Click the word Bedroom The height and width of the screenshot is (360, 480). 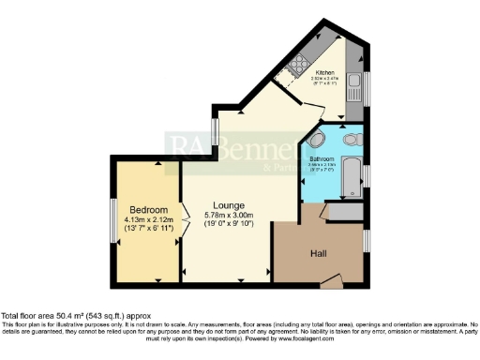click(149, 208)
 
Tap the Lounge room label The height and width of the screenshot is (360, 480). click(229, 205)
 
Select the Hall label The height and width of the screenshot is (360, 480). click(319, 253)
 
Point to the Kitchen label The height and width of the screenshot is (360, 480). click(325, 72)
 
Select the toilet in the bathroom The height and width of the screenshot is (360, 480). click(351, 139)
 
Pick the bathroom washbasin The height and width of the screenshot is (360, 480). click(318, 141)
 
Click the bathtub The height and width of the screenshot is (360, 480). click(352, 177)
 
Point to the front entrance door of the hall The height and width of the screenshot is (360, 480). click(330, 279)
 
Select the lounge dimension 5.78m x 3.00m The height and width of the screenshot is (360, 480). click(230, 215)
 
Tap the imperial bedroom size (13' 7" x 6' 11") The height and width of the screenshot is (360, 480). click(149, 228)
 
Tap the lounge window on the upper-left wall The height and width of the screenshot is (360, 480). click(214, 128)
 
